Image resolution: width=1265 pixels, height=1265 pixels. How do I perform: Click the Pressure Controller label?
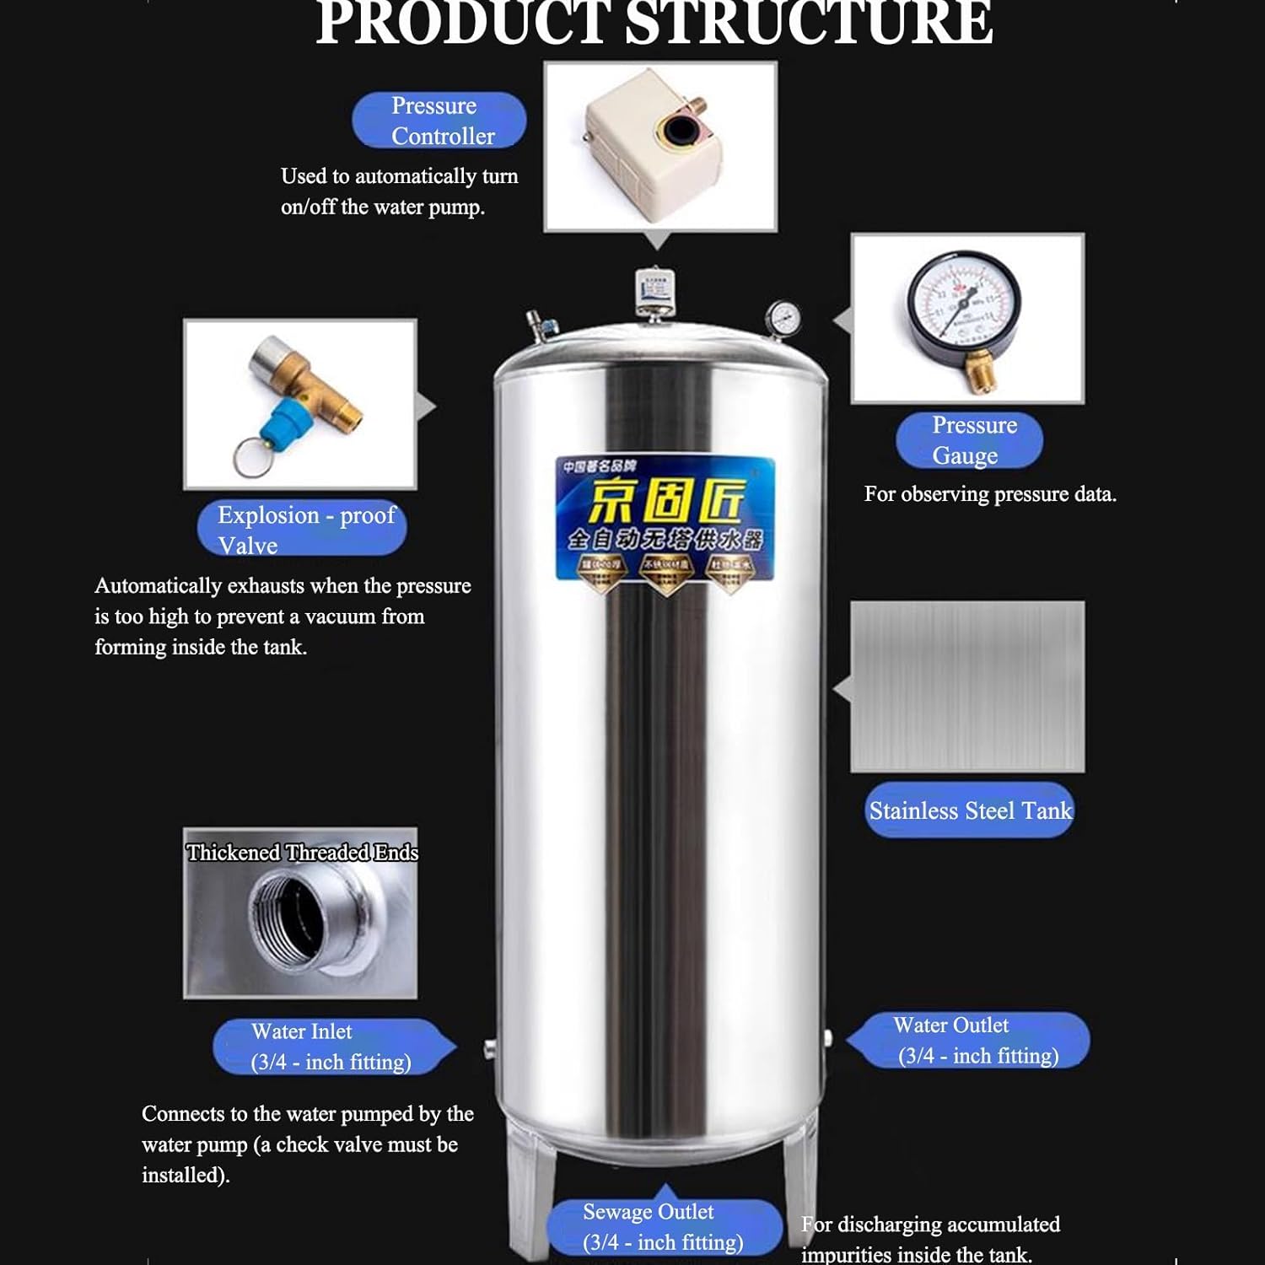pos(439,121)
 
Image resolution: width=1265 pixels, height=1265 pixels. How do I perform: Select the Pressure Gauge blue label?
pos(969,440)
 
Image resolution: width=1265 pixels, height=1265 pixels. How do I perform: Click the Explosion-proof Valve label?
pos(302,529)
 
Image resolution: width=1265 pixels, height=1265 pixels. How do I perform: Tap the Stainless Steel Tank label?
pos(969,810)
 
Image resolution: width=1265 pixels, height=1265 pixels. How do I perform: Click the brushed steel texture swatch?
pos(967,686)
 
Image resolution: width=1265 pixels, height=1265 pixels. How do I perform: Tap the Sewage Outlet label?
pos(663,1226)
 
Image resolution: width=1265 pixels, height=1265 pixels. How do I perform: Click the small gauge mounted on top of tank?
pos(783,317)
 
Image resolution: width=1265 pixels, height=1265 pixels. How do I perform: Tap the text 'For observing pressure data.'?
pos(990,494)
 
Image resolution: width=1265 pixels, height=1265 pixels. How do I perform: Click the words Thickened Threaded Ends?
pos(302,853)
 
